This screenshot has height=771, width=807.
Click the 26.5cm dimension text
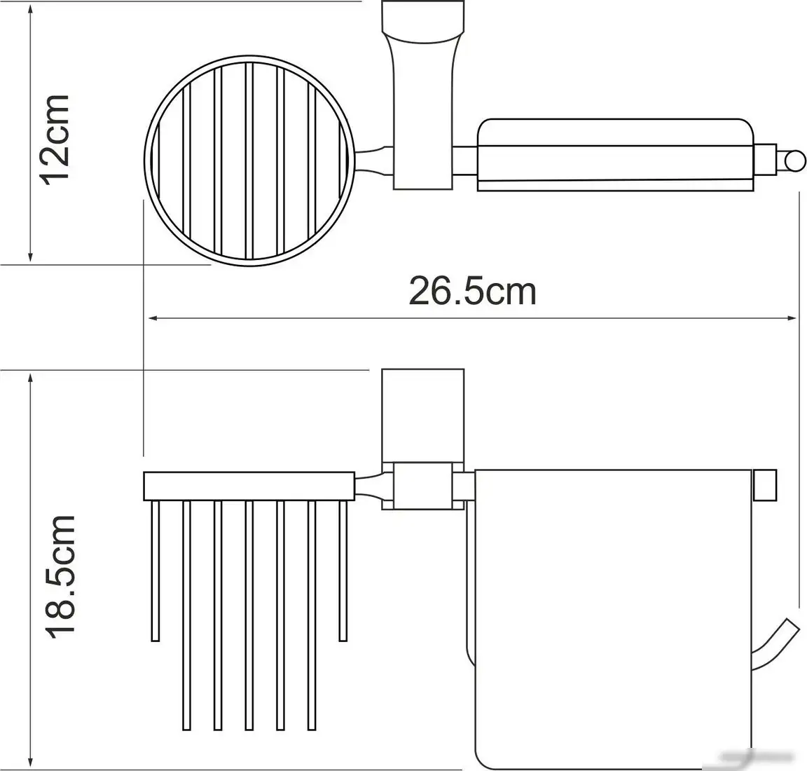(x=473, y=291)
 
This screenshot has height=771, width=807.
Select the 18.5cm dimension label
(x=60, y=575)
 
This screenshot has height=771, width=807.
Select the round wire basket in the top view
(x=250, y=161)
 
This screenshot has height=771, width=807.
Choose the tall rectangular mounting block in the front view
(x=422, y=414)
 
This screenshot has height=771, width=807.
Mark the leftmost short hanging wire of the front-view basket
(x=156, y=571)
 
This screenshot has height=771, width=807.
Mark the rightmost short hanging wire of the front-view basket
(x=343, y=571)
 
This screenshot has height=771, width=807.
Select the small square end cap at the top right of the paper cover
(x=766, y=486)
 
